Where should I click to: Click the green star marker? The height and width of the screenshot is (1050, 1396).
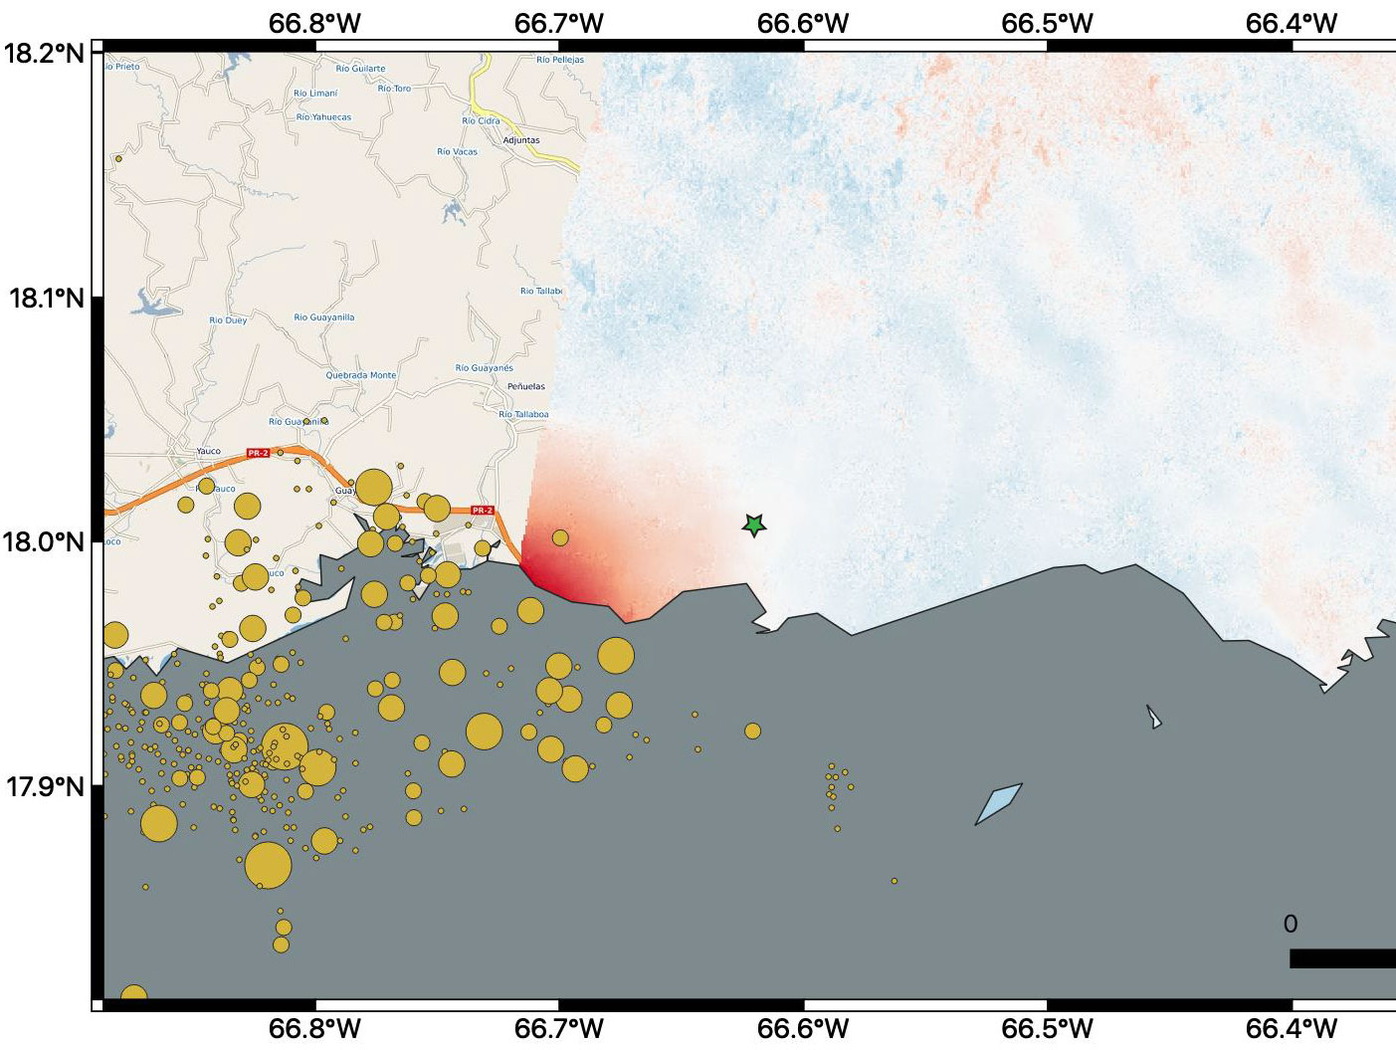[754, 525]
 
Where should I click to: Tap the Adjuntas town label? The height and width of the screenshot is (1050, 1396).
[521, 140]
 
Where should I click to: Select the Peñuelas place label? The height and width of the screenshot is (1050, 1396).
[526, 386]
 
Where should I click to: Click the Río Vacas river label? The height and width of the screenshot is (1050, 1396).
[457, 152]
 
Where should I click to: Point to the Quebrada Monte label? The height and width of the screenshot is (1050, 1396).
[361, 375]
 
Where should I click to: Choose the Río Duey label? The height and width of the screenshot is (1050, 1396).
[228, 320]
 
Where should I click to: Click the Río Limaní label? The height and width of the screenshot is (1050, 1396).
[315, 94]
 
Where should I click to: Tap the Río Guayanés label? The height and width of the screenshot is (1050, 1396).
[485, 368]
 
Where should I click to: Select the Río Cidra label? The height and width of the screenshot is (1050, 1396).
[481, 121]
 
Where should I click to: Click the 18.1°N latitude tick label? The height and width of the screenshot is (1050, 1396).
[46, 298]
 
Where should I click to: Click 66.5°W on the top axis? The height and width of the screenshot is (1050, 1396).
[1047, 23]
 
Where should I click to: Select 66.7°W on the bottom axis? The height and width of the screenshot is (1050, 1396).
[559, 1028]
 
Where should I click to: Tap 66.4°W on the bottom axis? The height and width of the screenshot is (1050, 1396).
[1292, 1028]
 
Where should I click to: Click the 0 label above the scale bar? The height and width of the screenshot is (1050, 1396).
[1291, 924]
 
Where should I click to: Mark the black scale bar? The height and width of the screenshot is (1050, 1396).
[1342, 958]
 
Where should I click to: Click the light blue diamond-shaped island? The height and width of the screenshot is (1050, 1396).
[998, 804]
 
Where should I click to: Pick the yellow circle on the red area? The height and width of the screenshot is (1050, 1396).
[560, 538]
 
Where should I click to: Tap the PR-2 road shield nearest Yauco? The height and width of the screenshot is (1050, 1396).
[258, 453]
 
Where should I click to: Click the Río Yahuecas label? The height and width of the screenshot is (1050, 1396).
[323, 117]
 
